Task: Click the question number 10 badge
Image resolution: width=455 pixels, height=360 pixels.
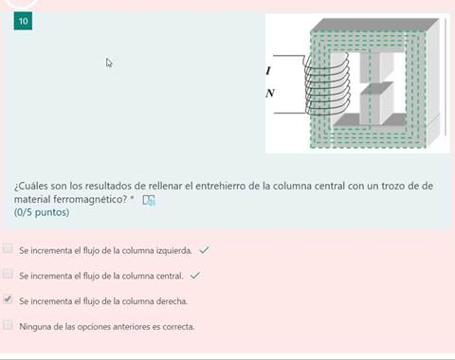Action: (x=24, y=21)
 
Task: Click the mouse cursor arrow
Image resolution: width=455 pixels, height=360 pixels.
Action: (x=109, y=63)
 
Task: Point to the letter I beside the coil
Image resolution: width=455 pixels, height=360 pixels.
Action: (x=268, y=71)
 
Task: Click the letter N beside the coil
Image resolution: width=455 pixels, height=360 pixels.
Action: (x=270, y=93)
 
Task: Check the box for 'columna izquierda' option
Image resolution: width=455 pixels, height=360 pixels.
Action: (x=9, y=250)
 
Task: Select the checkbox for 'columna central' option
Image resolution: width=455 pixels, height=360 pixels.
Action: (x=9, y=275)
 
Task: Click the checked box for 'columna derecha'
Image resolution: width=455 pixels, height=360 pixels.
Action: (x=9, y=299)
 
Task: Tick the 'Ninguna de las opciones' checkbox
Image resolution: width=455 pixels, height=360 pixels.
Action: (x=9, y=325)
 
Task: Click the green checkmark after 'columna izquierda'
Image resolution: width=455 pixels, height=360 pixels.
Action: (x=205, y=250)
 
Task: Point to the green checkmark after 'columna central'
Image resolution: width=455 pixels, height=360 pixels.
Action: (x=195, y=275)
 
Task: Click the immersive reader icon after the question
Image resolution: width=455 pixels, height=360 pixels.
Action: (x=149, y=200)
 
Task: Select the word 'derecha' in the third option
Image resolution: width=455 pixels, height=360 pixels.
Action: (x=172, y=300)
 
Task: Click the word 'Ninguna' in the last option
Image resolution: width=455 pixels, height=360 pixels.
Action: (x=34, y=326)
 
